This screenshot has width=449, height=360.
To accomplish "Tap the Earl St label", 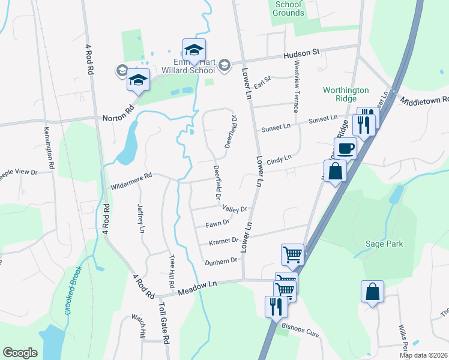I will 263,82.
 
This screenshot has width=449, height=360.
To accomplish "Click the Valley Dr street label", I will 235,209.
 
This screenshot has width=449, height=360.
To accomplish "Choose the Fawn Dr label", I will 218,223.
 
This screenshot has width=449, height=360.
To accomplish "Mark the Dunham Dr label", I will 221,262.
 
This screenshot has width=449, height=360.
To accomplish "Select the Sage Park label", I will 384,244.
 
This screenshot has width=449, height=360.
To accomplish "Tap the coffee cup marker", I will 345,147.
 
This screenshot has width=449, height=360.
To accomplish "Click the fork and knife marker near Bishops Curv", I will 276,307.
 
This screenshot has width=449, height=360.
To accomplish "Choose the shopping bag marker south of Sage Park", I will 372,292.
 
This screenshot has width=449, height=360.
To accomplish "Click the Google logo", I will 20,352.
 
